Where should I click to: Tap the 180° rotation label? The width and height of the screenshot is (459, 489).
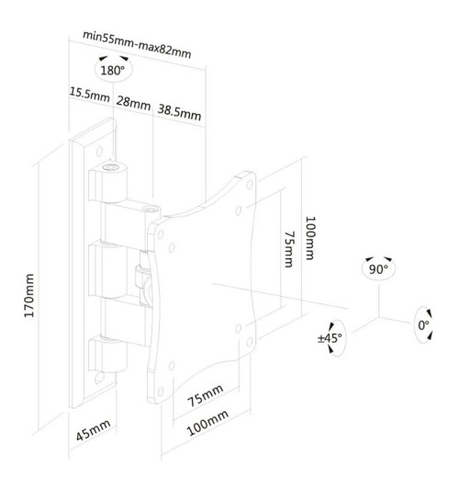pyautogui.click(x=113, y=70)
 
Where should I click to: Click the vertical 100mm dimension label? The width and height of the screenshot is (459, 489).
pyautogui.click(x=312, y=237)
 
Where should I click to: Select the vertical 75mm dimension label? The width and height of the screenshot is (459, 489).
pyautogui.click(x=288, y=248)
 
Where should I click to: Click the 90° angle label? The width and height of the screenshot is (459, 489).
pyautogui.click(x=377, y=269)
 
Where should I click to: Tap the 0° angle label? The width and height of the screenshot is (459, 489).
pyautogui.click(x=424, y=325)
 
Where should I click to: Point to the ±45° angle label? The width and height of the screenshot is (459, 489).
pyautogui.click(x=329, y=339)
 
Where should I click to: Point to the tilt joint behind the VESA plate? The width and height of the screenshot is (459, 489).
pyautogui.click(x=140, y=277)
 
